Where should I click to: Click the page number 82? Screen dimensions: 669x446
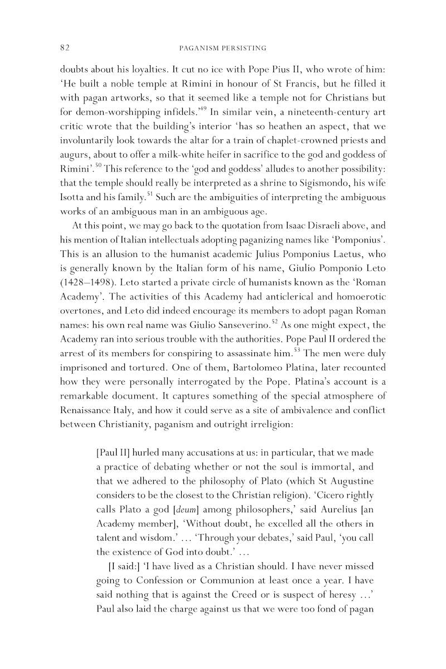64,48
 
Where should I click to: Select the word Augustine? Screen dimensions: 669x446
344,480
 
